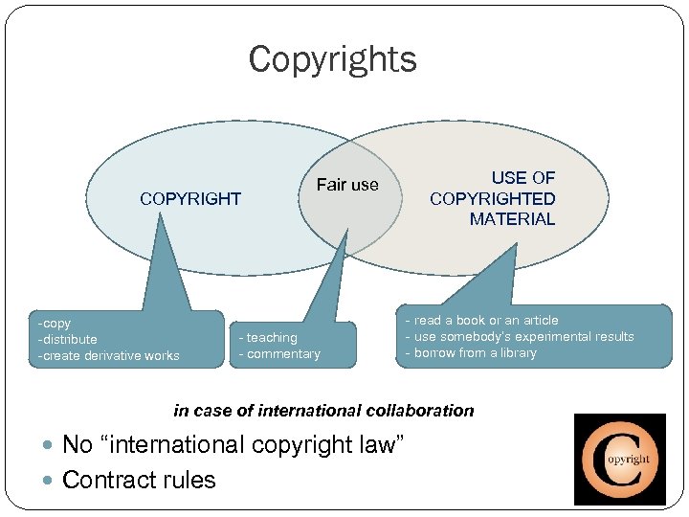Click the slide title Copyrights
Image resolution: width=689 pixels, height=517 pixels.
point(332,59)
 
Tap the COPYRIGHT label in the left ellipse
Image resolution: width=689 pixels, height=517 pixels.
point(190,199)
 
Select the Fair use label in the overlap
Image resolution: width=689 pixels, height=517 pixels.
point(347,185)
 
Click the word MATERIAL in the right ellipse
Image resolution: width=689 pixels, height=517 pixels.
point(512,219)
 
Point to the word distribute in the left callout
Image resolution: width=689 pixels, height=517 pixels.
point(69,340)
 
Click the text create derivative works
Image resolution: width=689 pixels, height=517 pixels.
point(110,356)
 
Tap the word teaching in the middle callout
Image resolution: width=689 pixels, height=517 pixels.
point(272,338)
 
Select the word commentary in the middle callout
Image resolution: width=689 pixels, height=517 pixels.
point(283,354)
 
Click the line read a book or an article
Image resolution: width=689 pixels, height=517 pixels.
point(486,321)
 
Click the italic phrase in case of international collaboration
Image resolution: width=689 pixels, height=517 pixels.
point(323,411)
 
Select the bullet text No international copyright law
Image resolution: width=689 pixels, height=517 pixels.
point(233,445)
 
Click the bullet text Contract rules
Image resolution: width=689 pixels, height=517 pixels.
point(139,480)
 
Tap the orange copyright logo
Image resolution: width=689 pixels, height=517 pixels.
point(619,459)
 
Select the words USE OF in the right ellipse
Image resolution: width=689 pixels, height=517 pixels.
point(522,178)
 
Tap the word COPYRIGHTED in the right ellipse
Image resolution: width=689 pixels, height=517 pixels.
point(492,199)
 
